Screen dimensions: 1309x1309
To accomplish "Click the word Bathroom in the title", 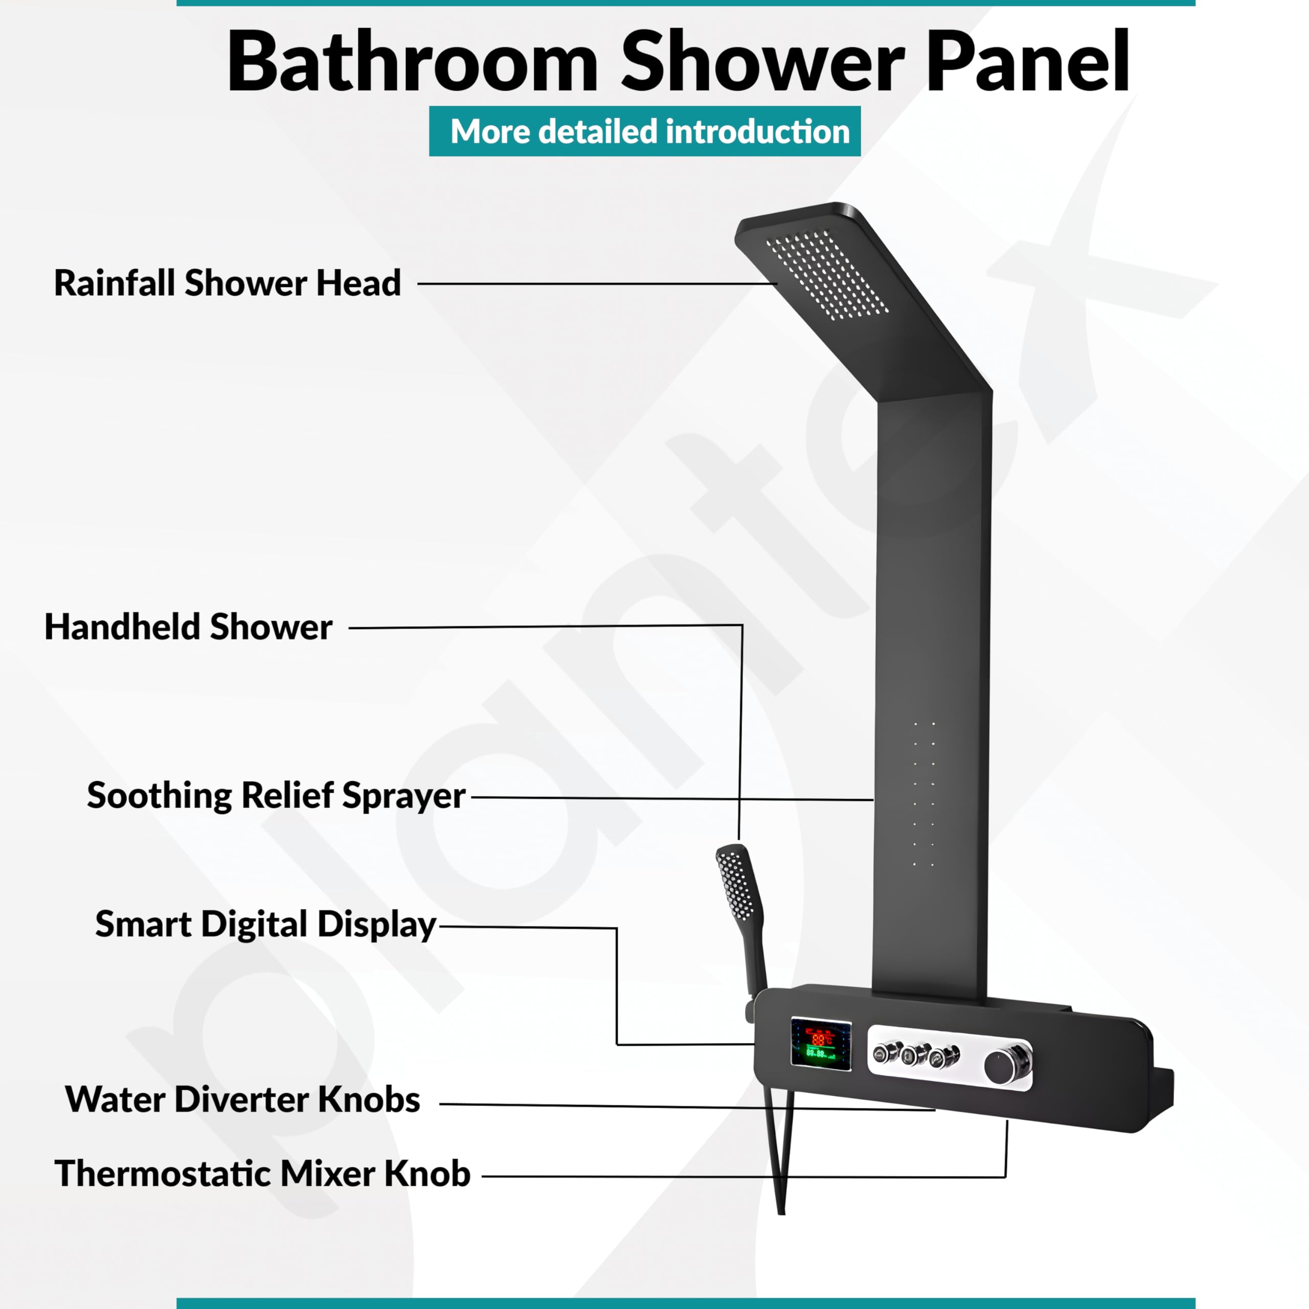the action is (413, 62).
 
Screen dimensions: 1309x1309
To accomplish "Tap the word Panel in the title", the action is (1028, 62).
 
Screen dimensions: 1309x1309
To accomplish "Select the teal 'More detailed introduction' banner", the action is (644, 131).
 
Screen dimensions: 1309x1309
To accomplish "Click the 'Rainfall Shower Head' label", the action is (228, 283).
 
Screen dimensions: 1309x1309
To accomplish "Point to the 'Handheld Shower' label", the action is (188, 627).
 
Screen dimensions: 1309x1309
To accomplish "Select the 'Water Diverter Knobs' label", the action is (242, 1099).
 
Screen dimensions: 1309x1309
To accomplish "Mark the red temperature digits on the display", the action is (821, 1037).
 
